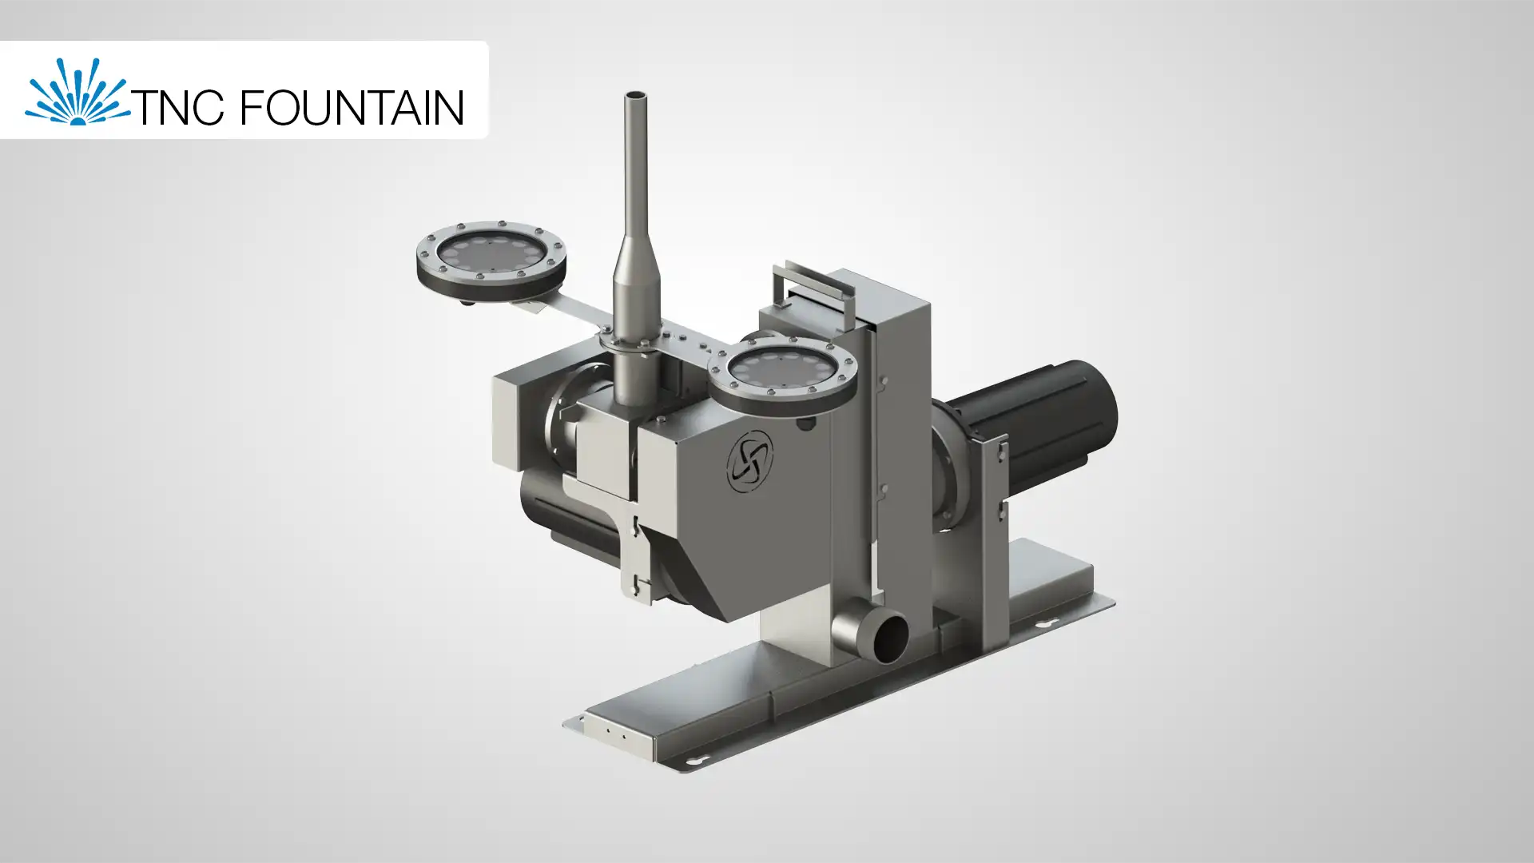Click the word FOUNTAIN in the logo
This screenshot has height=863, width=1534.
point(352,108)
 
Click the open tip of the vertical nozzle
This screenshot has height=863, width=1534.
point(635,97)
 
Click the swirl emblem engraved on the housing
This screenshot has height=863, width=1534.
point(750,460)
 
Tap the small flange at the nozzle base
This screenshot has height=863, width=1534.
point(631,341)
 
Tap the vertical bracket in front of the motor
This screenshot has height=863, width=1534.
point(992,487)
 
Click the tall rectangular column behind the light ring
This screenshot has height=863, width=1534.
point(903,447)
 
